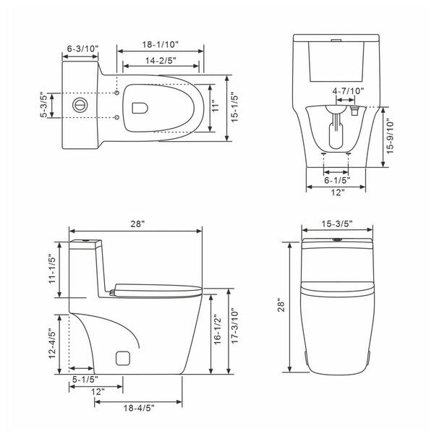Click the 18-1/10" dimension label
pyautogui.click(x=161, y=44)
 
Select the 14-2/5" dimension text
pyautogui.click(x=161, y=60)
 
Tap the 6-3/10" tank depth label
pyautogui.click(x=82, y=48)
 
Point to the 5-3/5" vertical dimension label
pyautogui.click(x=44, y=105)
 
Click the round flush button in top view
pyautogui.click(x=80, y=105)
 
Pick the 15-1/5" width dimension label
pyautogui.click(x=234, y=107)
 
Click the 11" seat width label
pyautogui.click(x=216, y=107)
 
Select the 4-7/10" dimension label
pyautogui.click(x=348, y=91)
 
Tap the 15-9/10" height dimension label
pyautogui.click(x=390, y=137)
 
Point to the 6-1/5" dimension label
pyautogui.click(x=337, y=180)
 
